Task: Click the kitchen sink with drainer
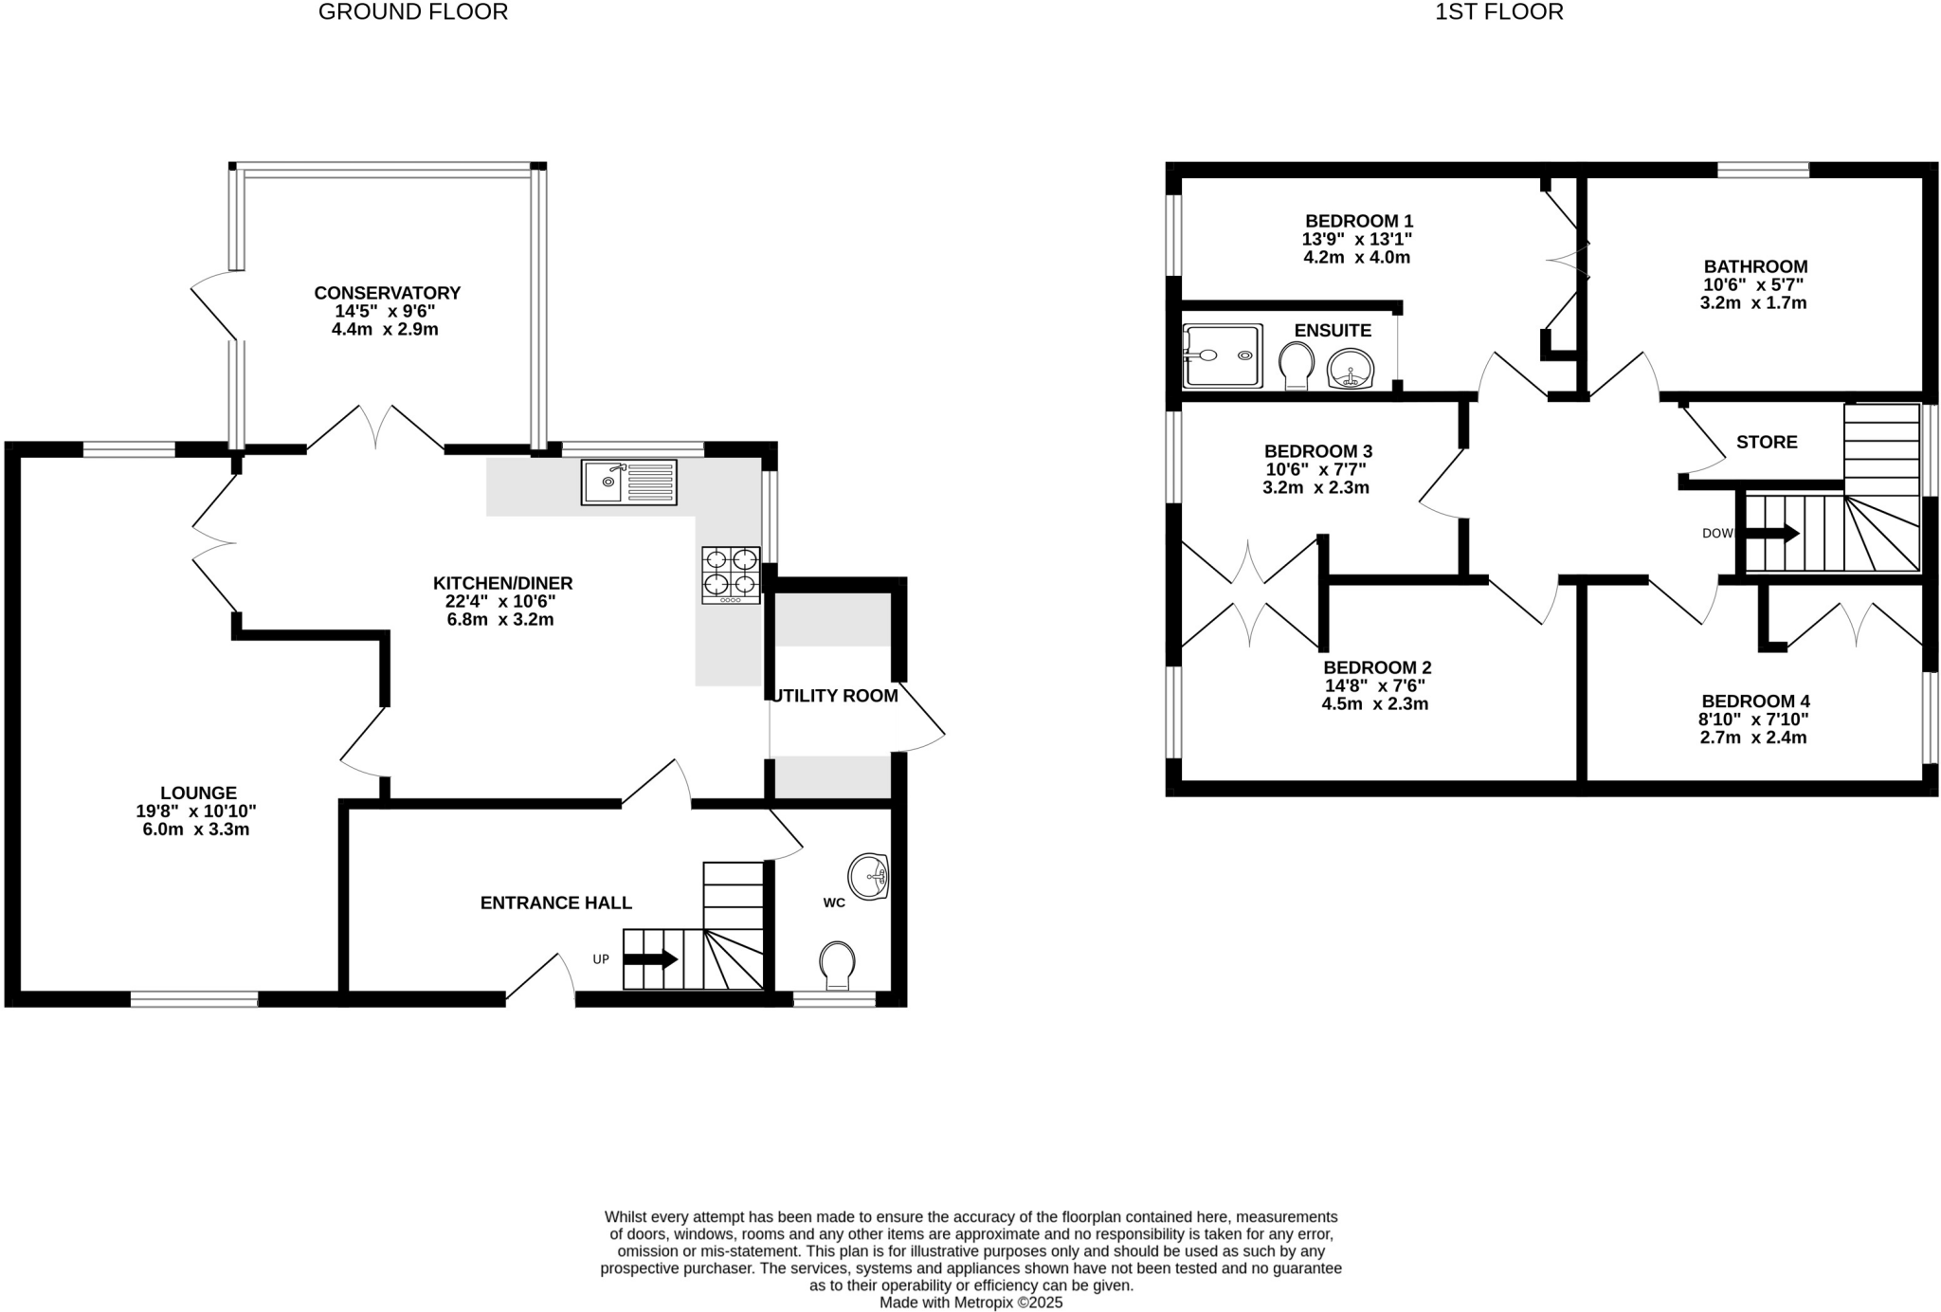click(629, 482)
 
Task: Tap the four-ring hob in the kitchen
click(731, 574)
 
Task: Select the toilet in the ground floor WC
click(836, 963)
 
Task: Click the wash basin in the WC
click(867, 876)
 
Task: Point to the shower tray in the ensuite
click(1223, 355)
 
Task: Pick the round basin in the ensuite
click(1351, 369)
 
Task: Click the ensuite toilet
click(1296, 365)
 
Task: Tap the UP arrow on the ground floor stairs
click(650, 959)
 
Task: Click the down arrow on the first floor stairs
click(1771, 534)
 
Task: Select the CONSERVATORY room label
click(387, 293)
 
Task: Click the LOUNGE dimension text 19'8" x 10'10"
click(196, 811)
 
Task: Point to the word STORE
click(1767, 442)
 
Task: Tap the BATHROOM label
click(1755, 266)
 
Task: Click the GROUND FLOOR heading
click(413, 12)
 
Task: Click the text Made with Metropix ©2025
click(970, 1303)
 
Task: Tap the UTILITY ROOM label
click(835, 696)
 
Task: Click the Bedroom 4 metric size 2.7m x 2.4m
click(1752, 738)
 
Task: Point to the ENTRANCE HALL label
click(555, 902)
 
